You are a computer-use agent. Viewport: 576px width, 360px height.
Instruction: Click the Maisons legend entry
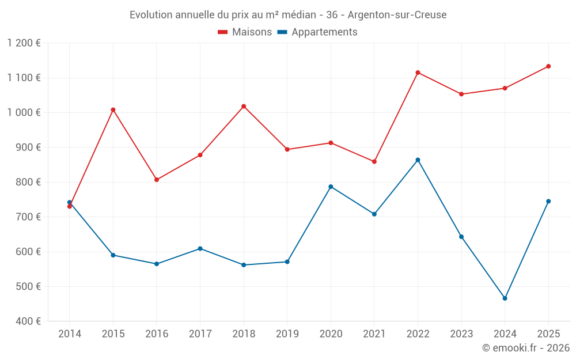[245, 32]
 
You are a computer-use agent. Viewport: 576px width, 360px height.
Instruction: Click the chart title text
[288, 15]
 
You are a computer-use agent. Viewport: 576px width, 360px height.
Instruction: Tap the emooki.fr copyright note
[525, 348]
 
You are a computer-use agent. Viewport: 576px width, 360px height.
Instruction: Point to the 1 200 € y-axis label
[24, 43]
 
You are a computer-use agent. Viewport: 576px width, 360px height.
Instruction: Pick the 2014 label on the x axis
[70, 334]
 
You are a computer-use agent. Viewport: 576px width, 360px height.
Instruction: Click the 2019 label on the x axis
[287, 334]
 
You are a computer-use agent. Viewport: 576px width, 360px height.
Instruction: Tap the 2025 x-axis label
[548, 334]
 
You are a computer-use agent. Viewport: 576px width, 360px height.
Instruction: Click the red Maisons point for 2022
[418, 73]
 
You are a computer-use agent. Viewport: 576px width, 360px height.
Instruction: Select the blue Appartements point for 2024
[505, 298]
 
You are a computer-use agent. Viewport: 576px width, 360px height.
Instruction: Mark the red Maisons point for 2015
[113, 109]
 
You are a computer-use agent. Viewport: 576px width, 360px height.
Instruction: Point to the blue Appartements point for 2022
[418, 160]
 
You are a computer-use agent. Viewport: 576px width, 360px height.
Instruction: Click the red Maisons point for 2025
[548, 66]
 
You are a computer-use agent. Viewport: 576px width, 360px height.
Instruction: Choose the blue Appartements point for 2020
[331, 187]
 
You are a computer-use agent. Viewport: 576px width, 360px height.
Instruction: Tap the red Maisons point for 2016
[157, 180]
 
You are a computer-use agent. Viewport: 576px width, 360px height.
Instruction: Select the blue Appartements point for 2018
[244, 265]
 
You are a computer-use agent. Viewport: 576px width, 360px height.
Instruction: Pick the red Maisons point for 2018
[244, 106]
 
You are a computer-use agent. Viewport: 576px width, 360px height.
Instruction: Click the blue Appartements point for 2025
[548, 201]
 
